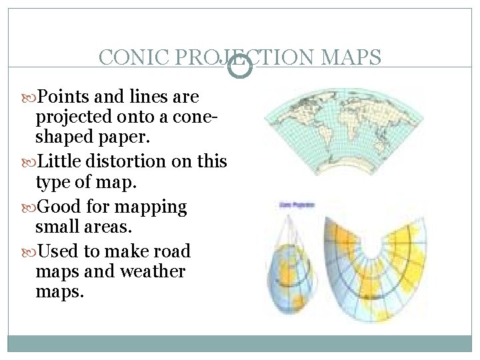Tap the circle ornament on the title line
[241, 67]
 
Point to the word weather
[153, 271]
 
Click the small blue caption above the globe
[297, 205]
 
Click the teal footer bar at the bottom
[240, 343]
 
